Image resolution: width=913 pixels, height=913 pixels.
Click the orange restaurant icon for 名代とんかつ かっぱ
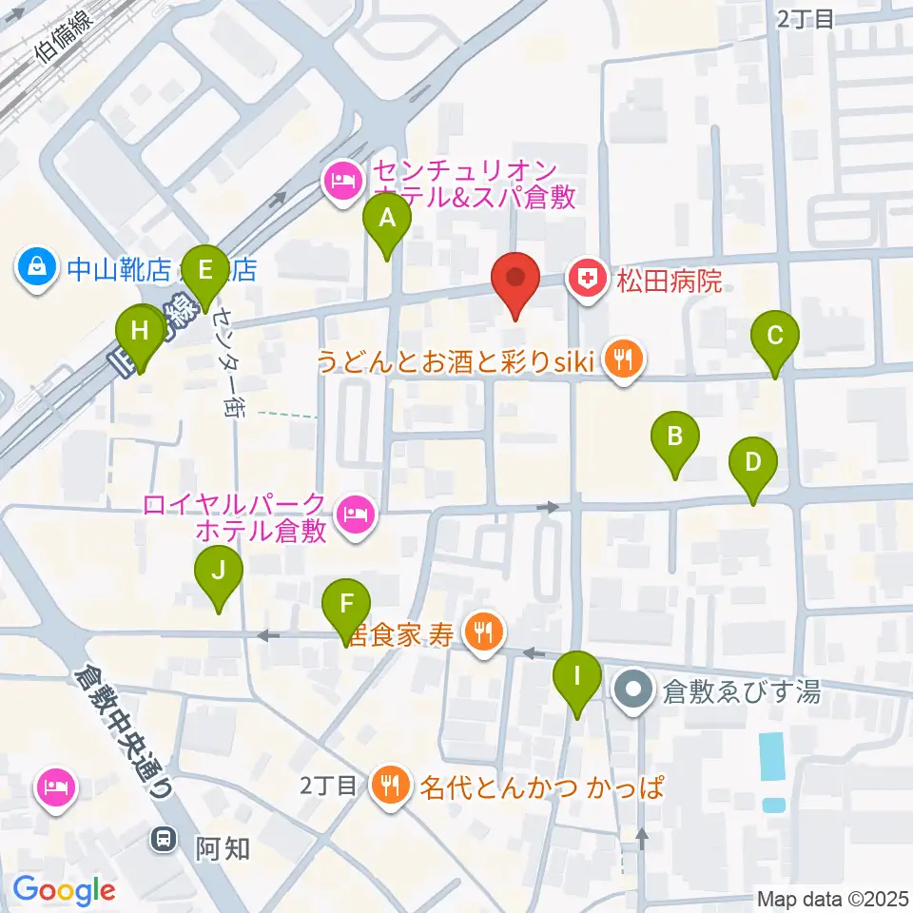point(390,787)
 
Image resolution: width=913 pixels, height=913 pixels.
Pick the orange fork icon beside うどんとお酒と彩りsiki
point(623,360)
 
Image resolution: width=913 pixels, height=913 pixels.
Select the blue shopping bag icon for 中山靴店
point(36,269)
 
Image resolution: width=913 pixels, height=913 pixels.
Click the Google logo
point(64,890)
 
